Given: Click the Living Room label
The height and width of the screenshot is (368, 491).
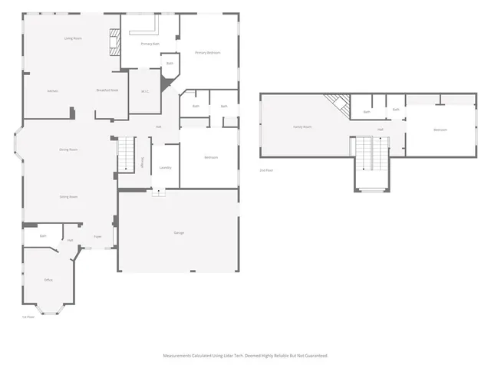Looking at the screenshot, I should [73, 38].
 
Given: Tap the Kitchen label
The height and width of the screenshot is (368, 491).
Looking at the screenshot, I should [53, 91].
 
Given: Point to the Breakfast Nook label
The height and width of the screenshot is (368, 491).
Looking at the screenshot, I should [107, 90].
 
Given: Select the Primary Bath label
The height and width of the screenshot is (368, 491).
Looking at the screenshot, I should [150, 44].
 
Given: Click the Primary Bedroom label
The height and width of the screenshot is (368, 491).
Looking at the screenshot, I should [207, 52].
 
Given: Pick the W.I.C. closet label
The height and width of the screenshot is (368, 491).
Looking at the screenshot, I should [144, 92].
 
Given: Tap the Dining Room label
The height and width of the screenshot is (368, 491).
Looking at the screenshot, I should [68, 149].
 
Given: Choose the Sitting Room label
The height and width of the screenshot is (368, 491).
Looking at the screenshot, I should [68, 197].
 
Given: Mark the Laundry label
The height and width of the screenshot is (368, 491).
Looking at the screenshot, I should [165, 167].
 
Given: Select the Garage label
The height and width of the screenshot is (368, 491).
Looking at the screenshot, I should [178, 232].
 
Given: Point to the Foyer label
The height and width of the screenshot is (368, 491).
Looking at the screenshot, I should [98, 237].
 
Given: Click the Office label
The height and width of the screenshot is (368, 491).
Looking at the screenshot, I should [48, 280].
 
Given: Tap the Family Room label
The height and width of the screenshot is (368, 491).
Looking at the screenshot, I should [302, 127].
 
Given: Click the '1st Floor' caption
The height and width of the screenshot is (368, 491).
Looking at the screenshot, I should [28, 317].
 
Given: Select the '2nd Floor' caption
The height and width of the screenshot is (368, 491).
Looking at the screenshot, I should [266, 169].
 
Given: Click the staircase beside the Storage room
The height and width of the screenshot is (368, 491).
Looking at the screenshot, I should [125, 154].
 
